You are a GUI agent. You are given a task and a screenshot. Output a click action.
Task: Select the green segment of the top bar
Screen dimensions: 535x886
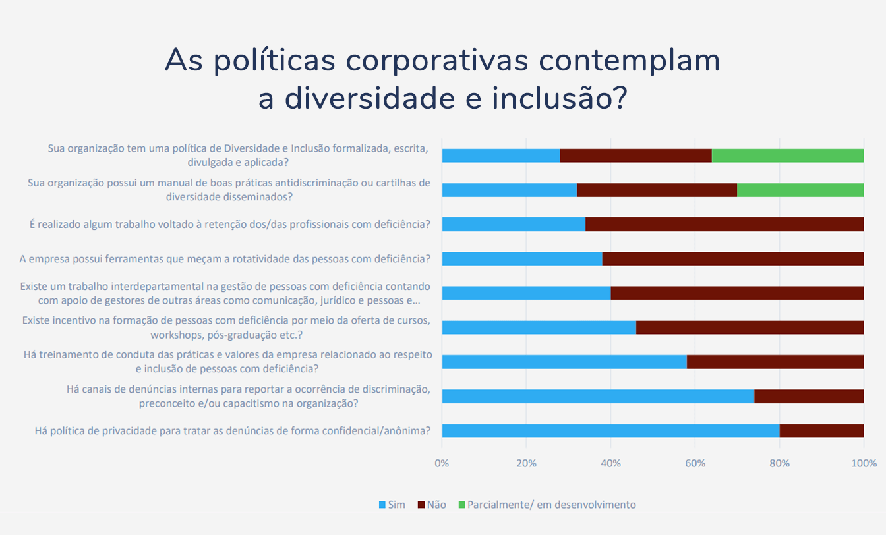tap(787, 155)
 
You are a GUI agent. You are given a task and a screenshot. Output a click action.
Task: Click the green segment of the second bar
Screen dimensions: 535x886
tap(800, 190)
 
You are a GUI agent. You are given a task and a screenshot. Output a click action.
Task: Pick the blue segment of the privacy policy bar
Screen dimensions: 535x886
tap(610, 431)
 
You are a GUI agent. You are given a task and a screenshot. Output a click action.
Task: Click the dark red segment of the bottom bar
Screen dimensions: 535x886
tap(821, 431)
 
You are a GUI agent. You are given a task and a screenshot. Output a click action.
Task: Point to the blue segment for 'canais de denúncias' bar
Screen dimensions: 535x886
tap(598, 396)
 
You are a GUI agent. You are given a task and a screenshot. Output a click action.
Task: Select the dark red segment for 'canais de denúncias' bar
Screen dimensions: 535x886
tap(809, 396)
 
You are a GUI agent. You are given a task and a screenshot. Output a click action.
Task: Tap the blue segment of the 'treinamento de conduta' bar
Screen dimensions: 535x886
tap(564, 362)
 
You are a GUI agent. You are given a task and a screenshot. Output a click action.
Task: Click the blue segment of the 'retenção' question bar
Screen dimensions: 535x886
tap(514, 224)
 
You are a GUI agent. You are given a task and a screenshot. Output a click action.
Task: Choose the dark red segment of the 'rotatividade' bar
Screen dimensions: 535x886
tap(733, 258)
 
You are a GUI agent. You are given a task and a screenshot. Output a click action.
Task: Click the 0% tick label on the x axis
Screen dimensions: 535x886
tap(442, 463)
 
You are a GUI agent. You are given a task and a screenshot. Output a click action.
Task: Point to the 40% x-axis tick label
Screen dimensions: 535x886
tap(610, 463)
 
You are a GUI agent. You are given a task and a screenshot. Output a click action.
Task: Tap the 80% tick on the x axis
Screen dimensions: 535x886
tap(779, 463)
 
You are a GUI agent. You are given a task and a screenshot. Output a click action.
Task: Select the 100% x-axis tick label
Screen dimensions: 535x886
tap(864, 463)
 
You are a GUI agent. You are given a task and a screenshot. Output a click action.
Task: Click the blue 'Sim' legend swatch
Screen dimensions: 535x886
tap(382, 505)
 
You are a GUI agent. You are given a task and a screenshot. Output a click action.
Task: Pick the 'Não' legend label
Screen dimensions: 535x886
tap(436, 505)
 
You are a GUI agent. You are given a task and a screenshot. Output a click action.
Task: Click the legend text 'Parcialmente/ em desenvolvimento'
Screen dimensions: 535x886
tap(551, 505)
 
